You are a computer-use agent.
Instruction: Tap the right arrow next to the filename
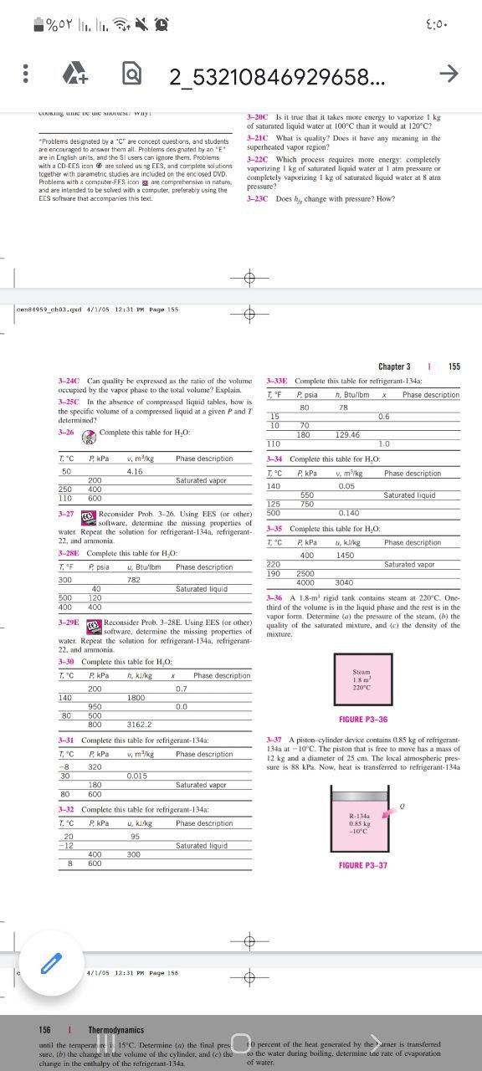(449, 75)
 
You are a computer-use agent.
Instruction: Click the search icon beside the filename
(132, 76)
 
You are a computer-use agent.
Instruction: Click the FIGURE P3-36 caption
(362, 720)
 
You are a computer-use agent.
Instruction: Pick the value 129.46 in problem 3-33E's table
(347, 435)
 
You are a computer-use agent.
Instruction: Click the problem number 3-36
(275, 597)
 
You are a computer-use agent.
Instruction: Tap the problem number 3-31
(68, 740)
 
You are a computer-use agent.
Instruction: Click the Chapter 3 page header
(394, 366)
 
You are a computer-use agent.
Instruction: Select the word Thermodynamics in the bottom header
(116, 1030)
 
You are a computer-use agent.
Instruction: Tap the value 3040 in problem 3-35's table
(345, 582)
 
